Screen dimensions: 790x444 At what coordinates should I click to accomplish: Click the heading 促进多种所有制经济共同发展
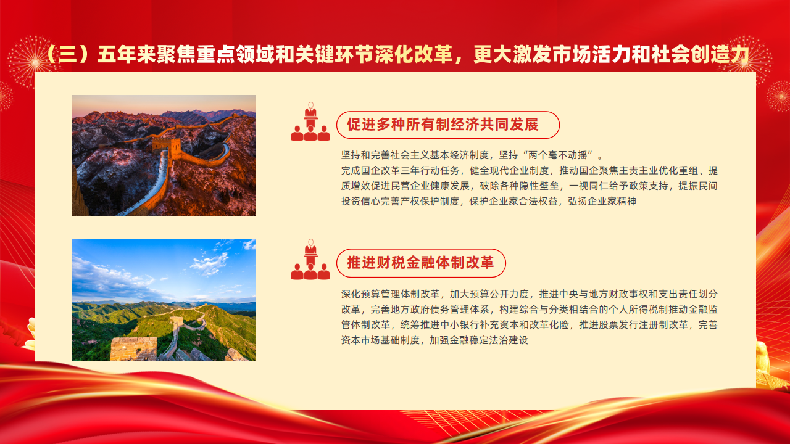click(x=443, y=125)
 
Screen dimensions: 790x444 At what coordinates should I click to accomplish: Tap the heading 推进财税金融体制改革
click(x=420, y=263)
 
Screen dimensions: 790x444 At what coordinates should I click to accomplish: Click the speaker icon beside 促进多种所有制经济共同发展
click(x=310, y=121)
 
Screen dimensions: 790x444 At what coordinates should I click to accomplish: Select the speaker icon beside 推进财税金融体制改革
click(x=310, y=260)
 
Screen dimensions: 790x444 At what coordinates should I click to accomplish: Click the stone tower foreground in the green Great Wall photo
click(x=134, y=348)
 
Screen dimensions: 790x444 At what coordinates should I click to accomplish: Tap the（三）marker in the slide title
click(x=67, y=55)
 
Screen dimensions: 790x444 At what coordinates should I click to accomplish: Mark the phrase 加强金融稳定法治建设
click(x=478, y=340)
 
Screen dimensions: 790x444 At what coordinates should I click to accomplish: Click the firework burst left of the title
click(x=35, y=62)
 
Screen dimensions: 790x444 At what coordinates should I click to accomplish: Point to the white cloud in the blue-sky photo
click(x=210, y=263)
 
